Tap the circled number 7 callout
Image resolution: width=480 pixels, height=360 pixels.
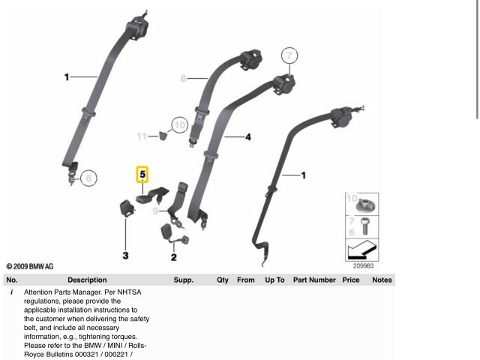tap(290, 55)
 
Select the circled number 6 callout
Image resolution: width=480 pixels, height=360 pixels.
tap(88, 178)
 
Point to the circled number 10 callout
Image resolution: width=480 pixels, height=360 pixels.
tap(178, 125)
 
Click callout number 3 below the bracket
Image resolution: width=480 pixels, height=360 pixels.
tap(125, 256)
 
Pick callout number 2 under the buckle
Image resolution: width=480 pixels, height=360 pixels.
tap(173, 257)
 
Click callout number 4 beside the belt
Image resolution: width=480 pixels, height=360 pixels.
tap(247, 137)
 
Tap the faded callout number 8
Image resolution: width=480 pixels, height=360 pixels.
tap(184, 78)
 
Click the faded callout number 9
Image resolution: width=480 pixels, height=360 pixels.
tap(155, 211)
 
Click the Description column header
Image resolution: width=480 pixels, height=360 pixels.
tap(87, 280)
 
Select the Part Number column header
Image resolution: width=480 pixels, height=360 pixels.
tap(314, 280)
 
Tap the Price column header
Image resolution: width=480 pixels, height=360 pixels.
tap(351, 280)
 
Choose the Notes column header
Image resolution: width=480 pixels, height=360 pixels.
tap(382, 280)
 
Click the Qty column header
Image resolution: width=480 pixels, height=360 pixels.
tap(222, 280)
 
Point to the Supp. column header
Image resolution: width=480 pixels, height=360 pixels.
tap(184, 280)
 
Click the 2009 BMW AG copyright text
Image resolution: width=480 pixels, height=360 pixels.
tap(30, 266)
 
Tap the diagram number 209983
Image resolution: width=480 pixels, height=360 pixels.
tap(363, 264)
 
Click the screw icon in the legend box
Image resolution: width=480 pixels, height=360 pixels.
tap(364, 223)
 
